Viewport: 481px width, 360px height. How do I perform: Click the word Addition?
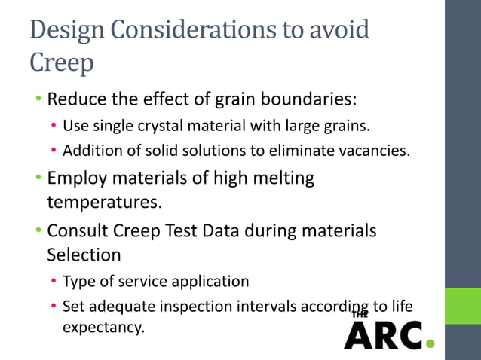pos(90,151)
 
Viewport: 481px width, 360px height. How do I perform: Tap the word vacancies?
pos(373,151)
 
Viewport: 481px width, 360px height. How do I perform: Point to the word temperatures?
pos(102,203)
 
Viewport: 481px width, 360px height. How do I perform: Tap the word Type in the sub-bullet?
pos(78,282)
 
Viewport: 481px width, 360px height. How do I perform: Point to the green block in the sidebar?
pos(462,305)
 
